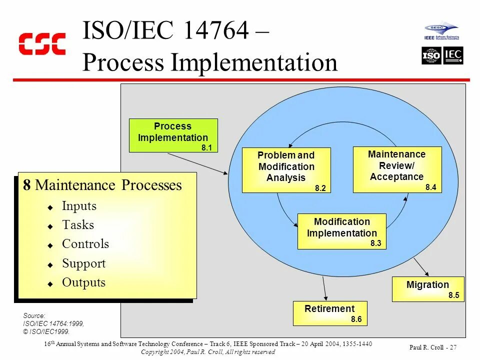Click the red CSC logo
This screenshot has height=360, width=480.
coord(42,44)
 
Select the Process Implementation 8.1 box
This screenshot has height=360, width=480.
coord(173,135)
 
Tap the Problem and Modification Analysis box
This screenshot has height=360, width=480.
coord(286,170)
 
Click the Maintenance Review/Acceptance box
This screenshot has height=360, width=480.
coord(397,169)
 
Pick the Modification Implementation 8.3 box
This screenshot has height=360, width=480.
coord(341,231)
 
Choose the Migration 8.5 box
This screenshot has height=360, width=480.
coord(427,288)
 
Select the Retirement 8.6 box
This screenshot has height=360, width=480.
coord(329,313)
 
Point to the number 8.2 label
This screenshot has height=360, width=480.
coord(320,188)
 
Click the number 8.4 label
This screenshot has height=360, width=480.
coord(431,187)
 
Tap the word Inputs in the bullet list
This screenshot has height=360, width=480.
coord(79,206)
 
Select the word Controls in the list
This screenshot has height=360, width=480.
coord(85,244)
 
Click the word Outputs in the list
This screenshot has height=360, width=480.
coord(83,282)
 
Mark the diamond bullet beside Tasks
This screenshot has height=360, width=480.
coord(50,226)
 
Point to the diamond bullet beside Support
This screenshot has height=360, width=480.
coord(50,264)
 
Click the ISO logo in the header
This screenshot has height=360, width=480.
coord(431,55)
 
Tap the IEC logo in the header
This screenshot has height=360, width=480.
coord(453,55)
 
